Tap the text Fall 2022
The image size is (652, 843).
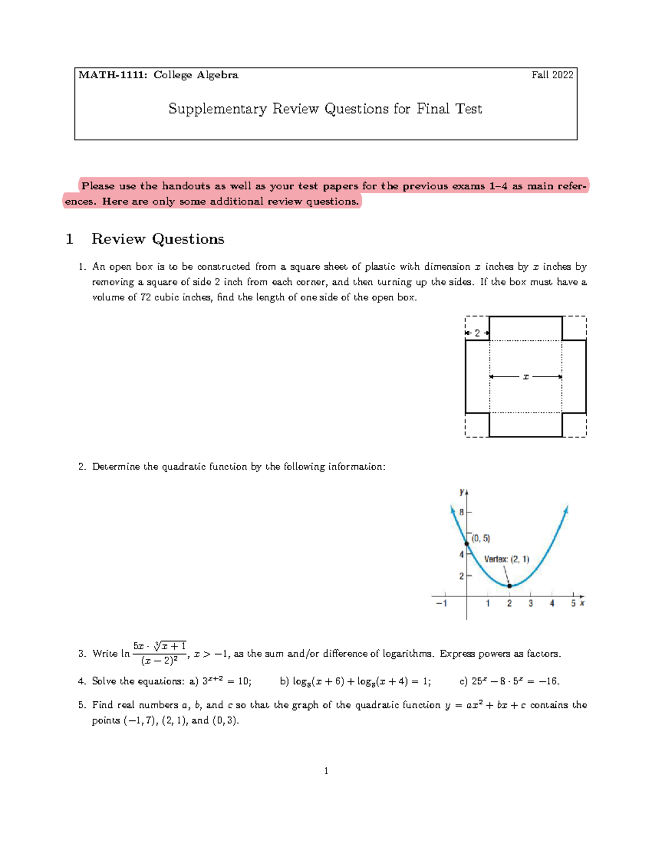tap(552, 75)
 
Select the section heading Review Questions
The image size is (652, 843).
tap(158, 239)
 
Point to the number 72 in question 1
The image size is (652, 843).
tap(145, 297)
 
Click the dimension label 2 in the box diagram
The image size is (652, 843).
tap(478, 333)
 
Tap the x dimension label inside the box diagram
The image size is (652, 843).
tap(525, 377)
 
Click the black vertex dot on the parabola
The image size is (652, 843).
tap(509, 586)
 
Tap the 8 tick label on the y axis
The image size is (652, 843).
tap(461, 512)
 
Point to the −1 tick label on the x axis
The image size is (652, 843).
tap(441, 603)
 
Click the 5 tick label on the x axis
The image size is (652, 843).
tap(573, 603)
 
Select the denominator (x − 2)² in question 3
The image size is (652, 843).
tap(159, 661)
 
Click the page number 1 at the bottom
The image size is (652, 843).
tap(326, 771)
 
